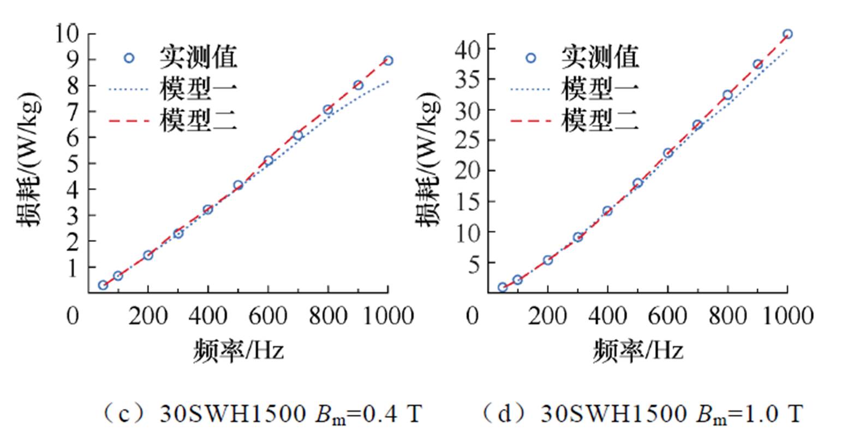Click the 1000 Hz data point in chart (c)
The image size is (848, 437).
[x=387, y=60]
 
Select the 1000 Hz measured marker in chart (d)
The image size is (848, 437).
[x=787, y=34]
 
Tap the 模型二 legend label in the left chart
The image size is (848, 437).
[x=199, y=121]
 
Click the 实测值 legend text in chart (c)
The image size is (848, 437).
[x=199, y=57]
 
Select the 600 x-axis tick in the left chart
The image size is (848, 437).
[x=267, y=316]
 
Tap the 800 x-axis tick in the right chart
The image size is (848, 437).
[x=727, y=316]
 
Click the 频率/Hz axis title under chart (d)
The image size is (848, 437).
[x=638, y=351]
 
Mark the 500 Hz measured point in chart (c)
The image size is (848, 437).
[x=238, y=185]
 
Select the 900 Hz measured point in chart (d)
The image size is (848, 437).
[x=757, y=64]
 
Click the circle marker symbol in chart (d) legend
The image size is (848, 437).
[x=530, y=58]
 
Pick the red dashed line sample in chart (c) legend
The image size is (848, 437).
[x=129, y=121]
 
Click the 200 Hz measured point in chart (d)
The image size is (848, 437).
[x=548, y=260]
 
